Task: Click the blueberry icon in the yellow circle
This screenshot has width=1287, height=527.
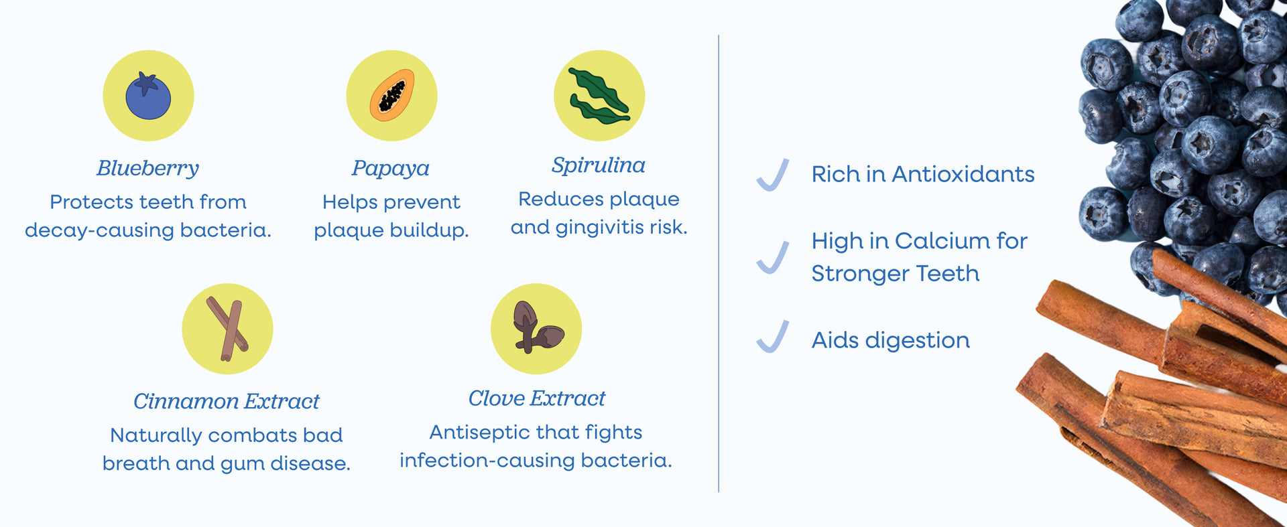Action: tap(148, 96)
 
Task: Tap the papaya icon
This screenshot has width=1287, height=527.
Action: tap(392, 95)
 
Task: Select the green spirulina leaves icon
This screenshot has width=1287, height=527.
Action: tap(599, 96)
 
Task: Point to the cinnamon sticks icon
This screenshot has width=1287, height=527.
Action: tap(228, 329)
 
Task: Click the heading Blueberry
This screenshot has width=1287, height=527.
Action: tap(148, 168)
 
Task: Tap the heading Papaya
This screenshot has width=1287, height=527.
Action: tap(391, 168)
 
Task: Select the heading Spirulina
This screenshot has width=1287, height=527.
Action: tap(599, 165)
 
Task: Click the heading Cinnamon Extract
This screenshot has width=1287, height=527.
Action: tap(227, 401)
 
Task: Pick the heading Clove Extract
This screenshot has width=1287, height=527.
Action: tap(537, 398)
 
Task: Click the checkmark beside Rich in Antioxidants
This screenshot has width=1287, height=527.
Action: tap(773, 175)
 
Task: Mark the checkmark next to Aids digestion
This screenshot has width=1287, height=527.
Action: tap(773, 336)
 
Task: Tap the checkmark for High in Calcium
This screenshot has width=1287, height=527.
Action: tap(773, 257)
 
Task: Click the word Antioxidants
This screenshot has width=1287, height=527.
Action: tap(963, 174)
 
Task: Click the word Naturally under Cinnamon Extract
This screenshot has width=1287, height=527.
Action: tap(156, 436)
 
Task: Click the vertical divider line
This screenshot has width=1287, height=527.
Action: tap(719, 264)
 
